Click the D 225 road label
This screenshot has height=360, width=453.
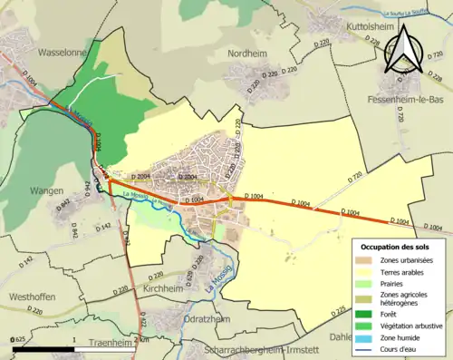coord(339,311)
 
